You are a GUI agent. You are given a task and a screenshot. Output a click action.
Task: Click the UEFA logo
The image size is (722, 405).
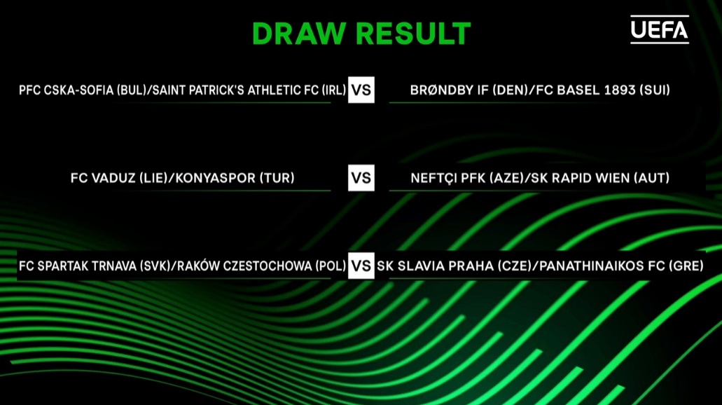(660, 29)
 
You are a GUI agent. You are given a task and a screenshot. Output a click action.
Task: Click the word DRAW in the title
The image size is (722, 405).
(299, 34)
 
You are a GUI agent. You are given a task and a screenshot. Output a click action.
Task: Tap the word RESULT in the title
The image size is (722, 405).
(413, 34)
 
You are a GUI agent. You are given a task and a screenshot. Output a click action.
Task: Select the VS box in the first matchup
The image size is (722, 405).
(361, 90)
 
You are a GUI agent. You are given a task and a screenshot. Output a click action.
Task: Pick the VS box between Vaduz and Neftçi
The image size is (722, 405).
(361, 178)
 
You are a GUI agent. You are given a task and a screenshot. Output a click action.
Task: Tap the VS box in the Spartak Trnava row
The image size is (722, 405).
(361, 266)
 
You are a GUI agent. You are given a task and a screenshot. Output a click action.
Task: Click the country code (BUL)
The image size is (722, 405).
(131, 90)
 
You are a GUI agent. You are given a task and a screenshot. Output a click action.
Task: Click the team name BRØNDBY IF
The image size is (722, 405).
(449, 90)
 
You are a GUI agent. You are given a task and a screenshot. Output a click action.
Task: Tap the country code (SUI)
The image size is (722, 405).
(655, 90)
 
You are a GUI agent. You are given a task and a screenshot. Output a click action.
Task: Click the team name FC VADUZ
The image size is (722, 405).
(103, 178)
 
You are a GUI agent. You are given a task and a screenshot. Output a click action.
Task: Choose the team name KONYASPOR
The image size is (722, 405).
(216, 178)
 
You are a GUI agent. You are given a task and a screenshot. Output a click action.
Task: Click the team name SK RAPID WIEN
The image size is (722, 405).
(581, 178)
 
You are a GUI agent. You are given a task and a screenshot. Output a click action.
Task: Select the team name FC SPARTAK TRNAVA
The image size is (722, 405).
(77, 266)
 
